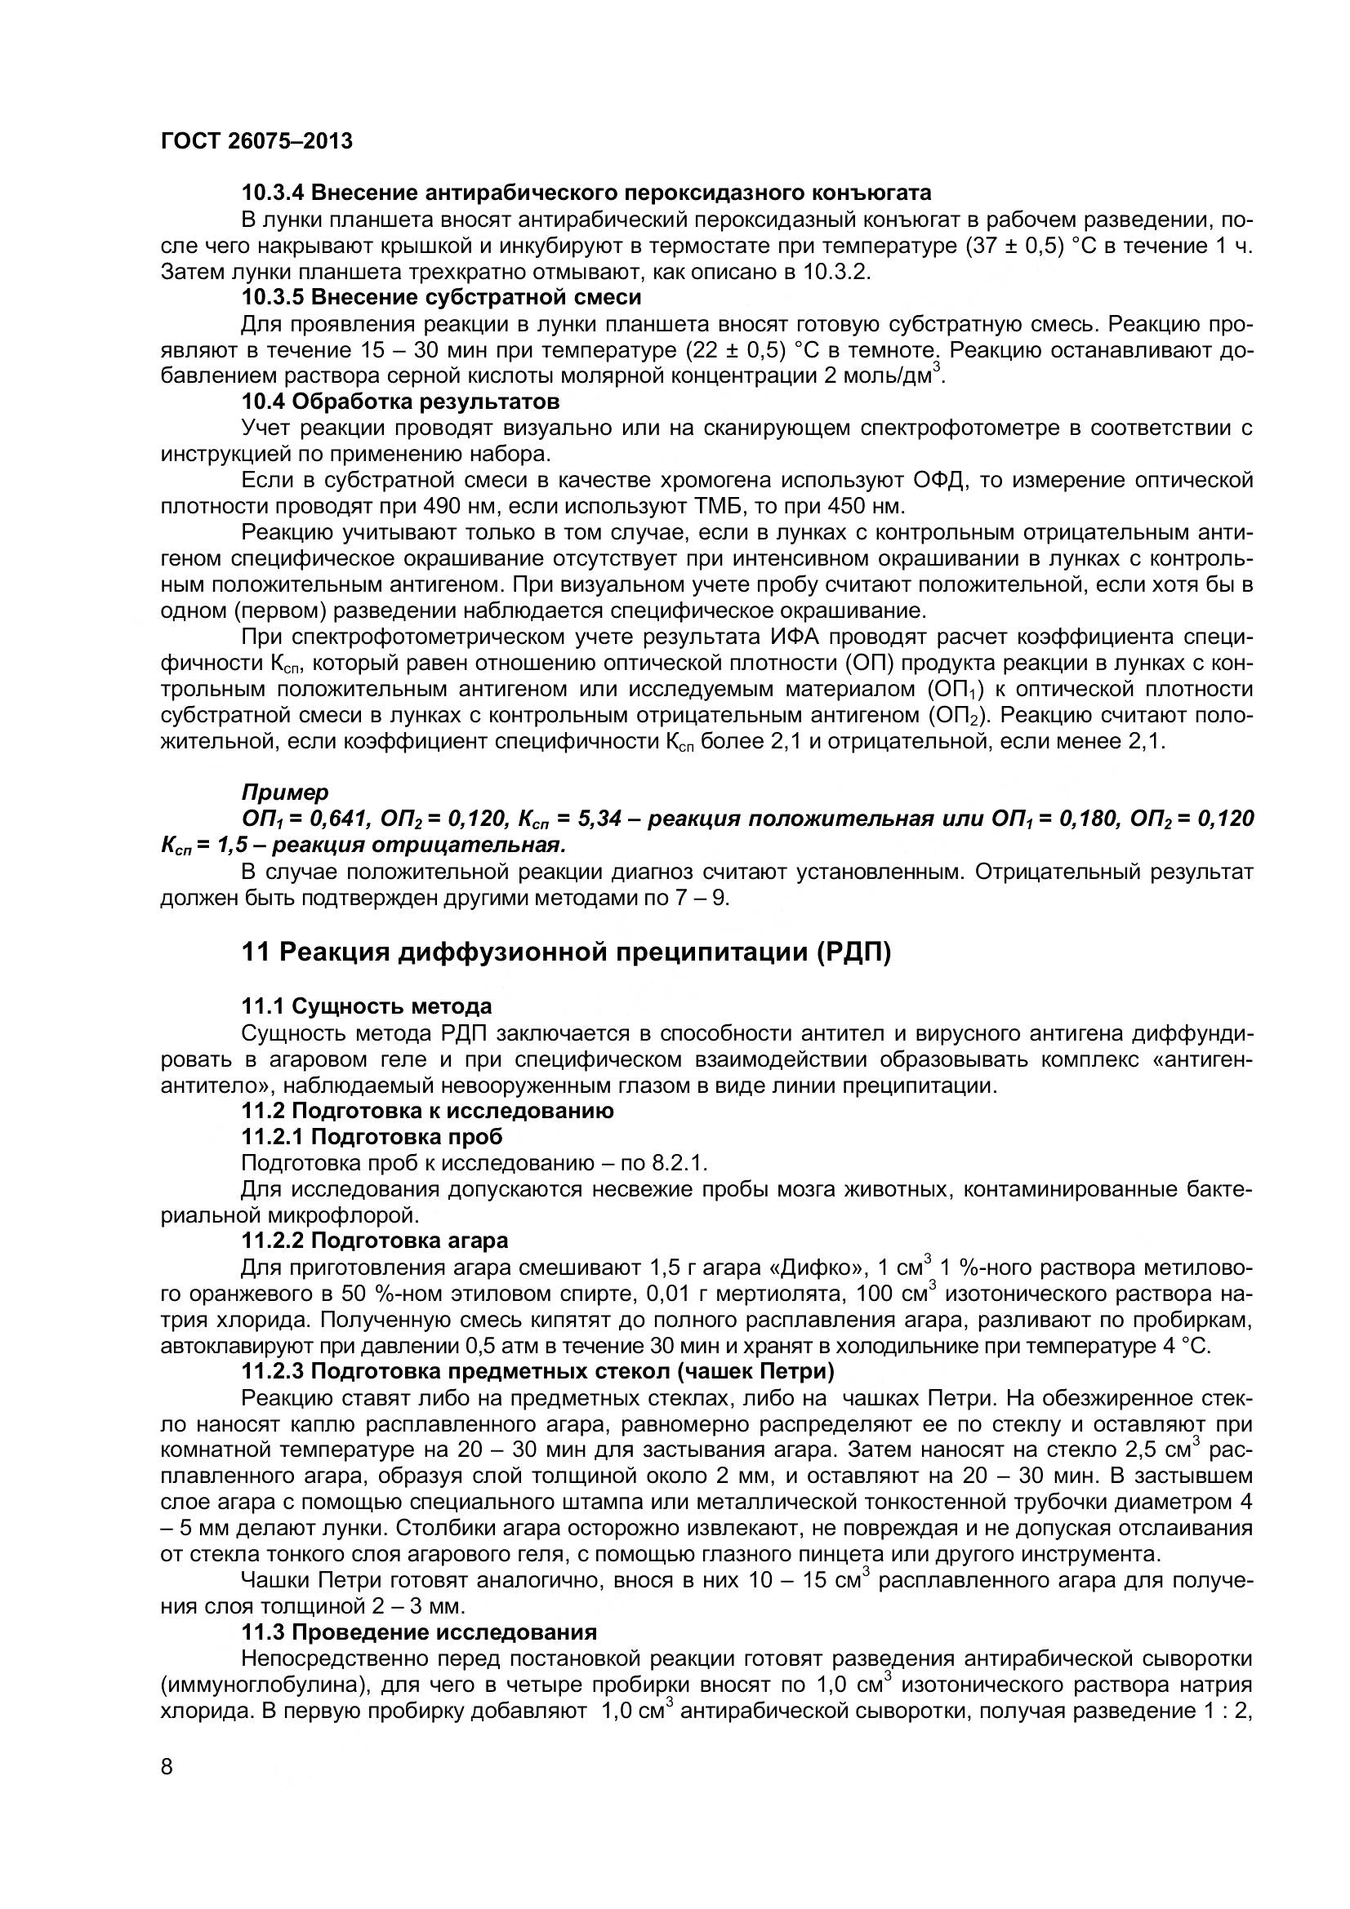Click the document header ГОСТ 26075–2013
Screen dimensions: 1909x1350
click(256, 141)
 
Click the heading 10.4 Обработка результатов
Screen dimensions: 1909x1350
click(400, 402)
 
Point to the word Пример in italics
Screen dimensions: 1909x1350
click(285, 792)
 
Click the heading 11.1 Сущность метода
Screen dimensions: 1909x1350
click(366, 1006)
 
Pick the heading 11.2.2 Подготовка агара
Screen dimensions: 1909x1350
click(374, 1241)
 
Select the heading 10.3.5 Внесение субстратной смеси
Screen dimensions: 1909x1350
click(441, 297)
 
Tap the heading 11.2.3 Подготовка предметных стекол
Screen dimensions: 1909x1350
click(537, 1370)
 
